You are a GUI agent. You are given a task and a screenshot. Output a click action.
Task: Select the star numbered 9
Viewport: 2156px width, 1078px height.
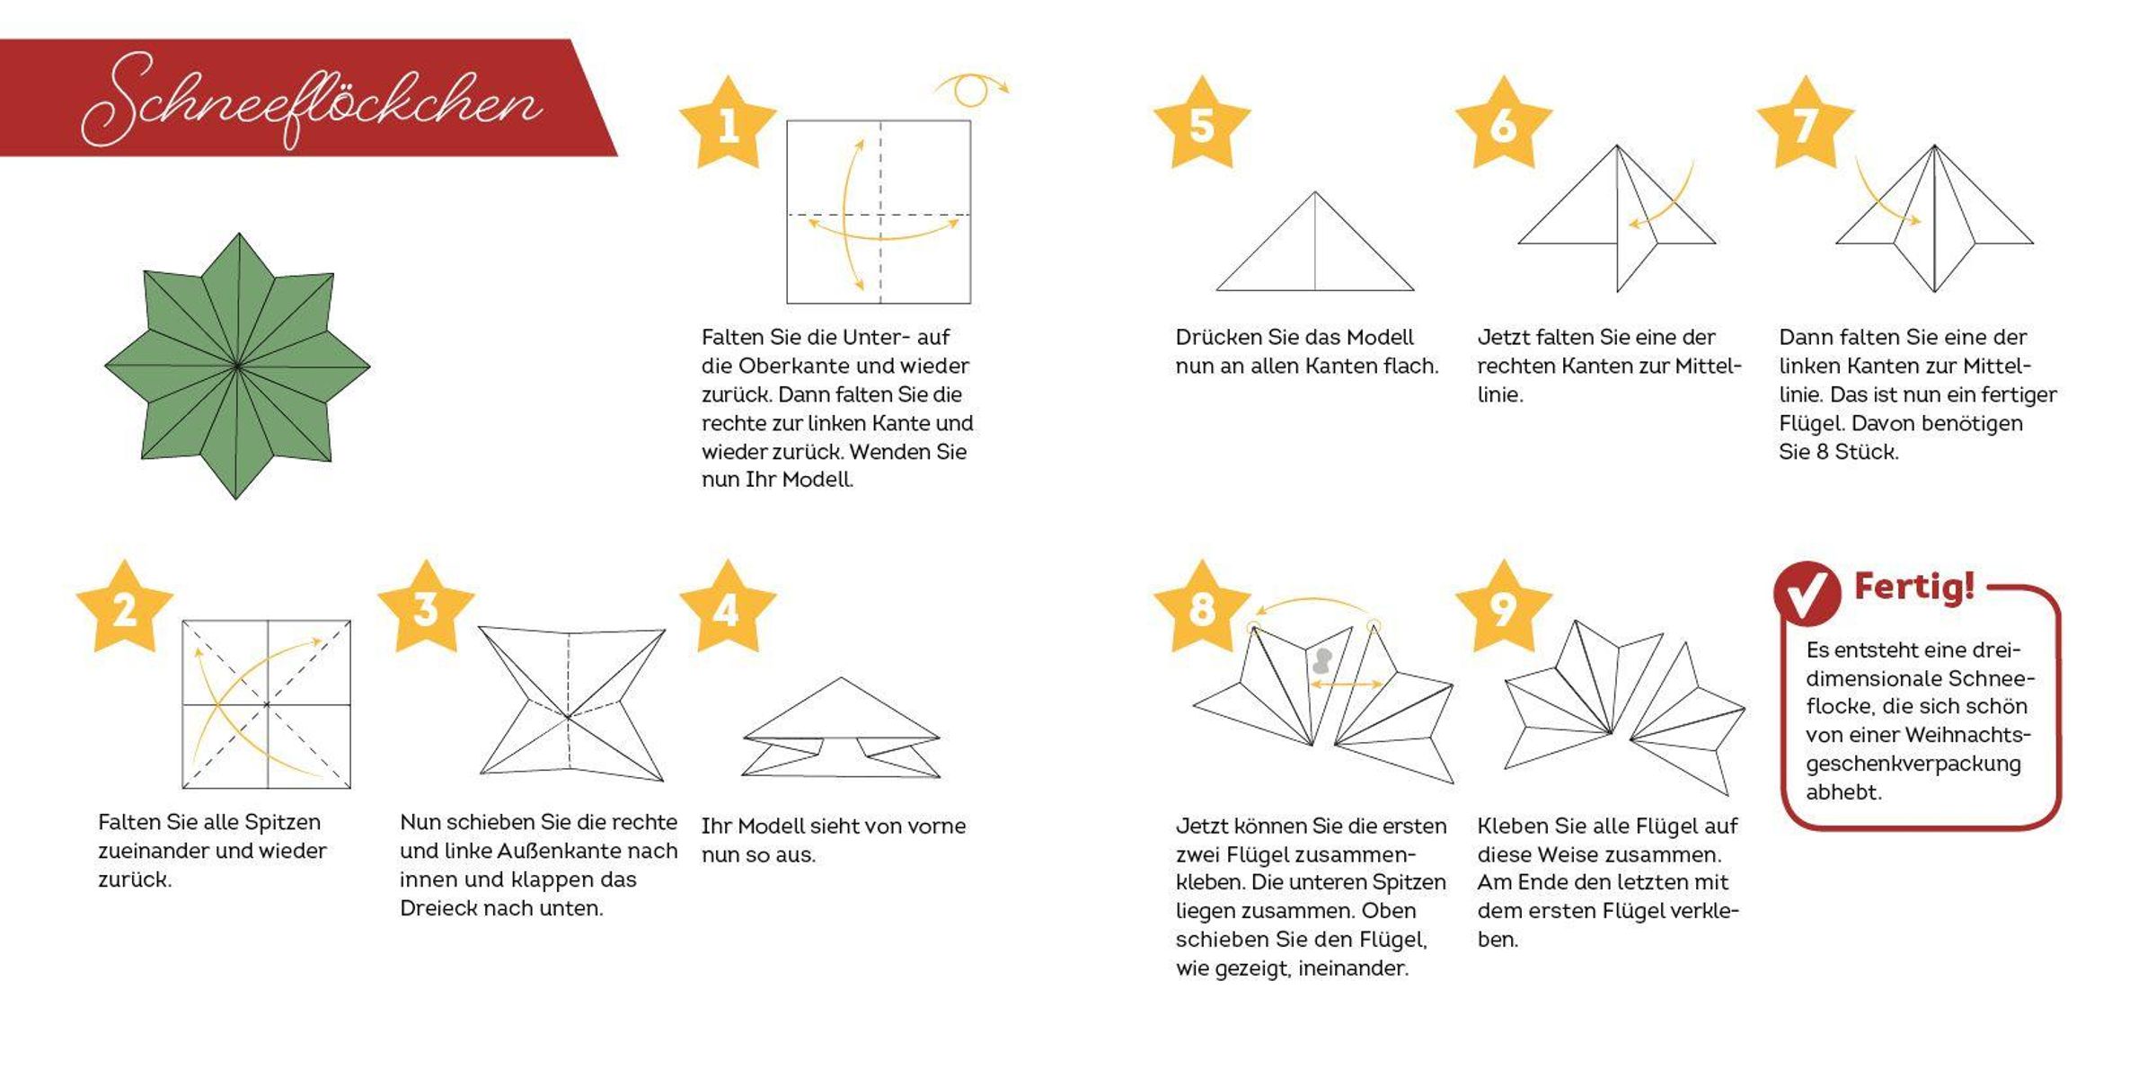coord(1504,607)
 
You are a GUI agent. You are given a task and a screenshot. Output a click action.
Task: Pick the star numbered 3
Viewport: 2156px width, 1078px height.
coord(426,607)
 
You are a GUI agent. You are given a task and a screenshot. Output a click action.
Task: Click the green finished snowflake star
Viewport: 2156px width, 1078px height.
coord(237,366)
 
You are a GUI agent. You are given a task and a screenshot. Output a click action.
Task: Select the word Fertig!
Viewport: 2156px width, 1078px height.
coord(1914,588)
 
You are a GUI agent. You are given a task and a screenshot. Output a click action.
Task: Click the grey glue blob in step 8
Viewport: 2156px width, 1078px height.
coord(1321,662)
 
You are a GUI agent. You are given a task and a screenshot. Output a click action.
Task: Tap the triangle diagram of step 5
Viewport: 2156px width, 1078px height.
coord(1315,241)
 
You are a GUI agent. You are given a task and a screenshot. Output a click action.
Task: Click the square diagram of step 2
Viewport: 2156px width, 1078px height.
coord(267,704)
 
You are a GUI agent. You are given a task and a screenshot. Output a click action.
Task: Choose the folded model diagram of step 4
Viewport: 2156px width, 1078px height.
coord(841,727)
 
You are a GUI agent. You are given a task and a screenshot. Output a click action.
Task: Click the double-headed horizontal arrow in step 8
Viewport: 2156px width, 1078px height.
coord(1347,685)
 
